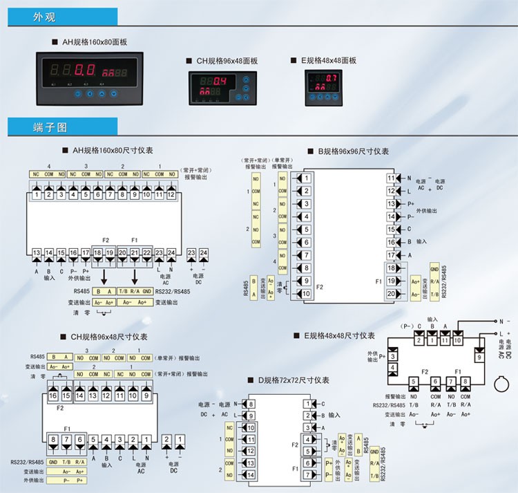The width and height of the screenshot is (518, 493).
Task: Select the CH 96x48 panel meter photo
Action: (x=220, y=89)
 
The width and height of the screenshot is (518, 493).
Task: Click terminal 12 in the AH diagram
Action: (x=171, y=195)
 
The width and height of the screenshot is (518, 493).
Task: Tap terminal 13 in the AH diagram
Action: (x=37, y=254)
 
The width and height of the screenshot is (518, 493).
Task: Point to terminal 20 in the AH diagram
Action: (x=122, y=254)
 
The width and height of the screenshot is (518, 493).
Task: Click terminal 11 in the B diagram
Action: (x=392, y=178)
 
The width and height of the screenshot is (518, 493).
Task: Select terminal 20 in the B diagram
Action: (x=392, y=294)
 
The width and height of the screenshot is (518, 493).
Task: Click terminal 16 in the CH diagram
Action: (x=53, y=396)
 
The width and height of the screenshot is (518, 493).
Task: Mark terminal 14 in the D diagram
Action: (x=251, y=475)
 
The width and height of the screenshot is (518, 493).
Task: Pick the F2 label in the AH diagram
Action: (x=106, y=240)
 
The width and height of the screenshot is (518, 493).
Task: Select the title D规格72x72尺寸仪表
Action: (x=293, y=380)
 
